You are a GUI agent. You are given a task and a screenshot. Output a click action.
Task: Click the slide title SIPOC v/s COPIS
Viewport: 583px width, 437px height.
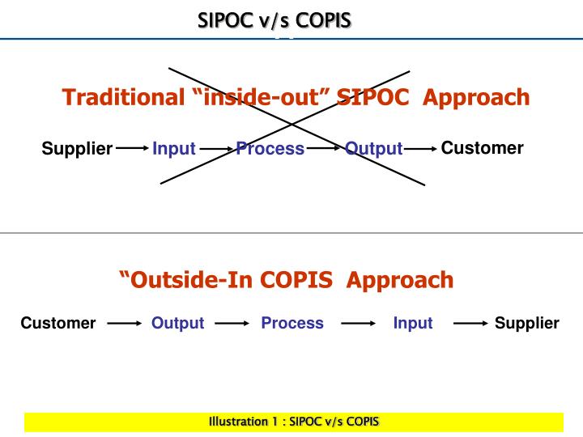coord(275,19)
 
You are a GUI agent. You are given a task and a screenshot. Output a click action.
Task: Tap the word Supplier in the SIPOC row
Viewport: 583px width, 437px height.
coord(77,149)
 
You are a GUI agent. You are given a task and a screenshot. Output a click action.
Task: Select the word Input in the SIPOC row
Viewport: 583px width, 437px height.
coord(174,149)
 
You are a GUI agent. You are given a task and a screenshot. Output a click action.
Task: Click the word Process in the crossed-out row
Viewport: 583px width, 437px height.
coord(270,149)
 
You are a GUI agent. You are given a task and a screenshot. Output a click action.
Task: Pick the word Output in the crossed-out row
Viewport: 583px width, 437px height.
coord(373,149)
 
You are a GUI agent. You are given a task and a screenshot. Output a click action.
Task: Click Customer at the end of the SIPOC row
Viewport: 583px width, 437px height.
coord(482,148)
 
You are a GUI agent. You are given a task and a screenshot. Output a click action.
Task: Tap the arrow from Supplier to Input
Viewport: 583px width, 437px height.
coord(132,149)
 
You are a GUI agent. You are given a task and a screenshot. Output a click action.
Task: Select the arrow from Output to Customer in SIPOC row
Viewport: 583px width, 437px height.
coord(420,149)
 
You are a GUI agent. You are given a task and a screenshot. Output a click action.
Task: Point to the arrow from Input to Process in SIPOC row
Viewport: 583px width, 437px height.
coord(217,149)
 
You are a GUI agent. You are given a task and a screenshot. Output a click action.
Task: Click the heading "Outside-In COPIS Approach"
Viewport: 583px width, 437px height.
coord(286,280)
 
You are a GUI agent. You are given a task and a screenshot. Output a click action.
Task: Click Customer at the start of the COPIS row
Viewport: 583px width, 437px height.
coord(58,324)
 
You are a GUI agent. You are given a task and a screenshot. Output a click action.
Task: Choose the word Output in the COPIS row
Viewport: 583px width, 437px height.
coord(177,324)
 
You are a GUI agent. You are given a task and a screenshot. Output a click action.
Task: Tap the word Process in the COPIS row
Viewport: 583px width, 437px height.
coord(292,324)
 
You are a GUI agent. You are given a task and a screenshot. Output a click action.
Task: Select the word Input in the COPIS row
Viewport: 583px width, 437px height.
coord(413,324)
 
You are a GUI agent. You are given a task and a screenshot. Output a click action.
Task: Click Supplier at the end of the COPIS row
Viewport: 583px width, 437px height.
coord(526,324)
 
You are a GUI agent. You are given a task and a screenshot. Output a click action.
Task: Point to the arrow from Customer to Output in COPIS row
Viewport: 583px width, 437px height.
coord(124,324)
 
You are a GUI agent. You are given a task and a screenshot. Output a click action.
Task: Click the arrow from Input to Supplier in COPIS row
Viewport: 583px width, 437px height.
coord(470,324)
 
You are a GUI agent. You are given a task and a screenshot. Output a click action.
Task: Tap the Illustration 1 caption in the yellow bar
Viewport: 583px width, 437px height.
coord(293,422)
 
